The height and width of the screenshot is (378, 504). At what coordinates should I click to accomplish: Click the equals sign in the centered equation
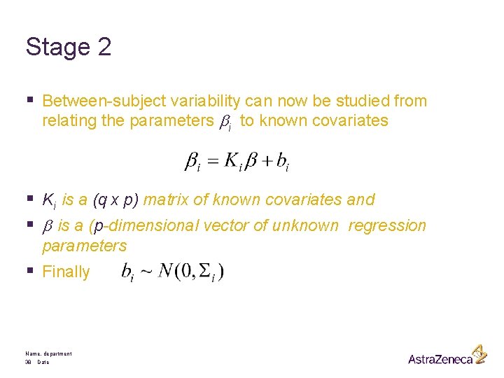(x=213, y=162)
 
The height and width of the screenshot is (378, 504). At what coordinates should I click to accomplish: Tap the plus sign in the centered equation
(x=265, y=162)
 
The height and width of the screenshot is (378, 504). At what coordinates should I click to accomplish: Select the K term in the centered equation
(x=233, y=162)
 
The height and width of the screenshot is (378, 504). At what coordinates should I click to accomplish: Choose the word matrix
(x=166, y=200)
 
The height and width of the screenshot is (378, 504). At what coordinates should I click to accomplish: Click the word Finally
(x=66, y=272)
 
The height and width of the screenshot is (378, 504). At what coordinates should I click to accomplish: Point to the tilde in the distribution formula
(x=147, y=272)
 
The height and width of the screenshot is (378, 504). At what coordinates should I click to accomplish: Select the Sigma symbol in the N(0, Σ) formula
(x=204, y=271)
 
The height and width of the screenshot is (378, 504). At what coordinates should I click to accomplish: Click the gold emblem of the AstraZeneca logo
(x=478, y=353)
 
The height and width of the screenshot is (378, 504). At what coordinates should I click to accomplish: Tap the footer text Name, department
(x=48, y=354)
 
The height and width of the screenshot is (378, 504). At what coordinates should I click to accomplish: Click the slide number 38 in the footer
(x=29, y=363)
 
